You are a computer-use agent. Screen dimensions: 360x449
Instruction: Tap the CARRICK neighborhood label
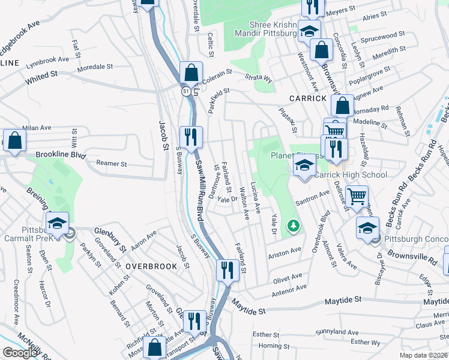(308, 98)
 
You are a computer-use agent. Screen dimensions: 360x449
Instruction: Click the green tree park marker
(294, 226)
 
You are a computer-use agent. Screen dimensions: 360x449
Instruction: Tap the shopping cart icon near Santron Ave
(357, 196)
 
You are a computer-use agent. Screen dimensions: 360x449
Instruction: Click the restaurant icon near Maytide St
(226, 270)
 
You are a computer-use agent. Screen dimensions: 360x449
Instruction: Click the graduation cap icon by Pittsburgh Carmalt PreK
(57, 223)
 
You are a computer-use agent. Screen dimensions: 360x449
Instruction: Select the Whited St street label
(41, 78)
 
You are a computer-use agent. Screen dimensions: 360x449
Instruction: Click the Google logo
(20, 353)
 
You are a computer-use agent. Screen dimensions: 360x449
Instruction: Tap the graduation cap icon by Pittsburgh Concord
(367, 227)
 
